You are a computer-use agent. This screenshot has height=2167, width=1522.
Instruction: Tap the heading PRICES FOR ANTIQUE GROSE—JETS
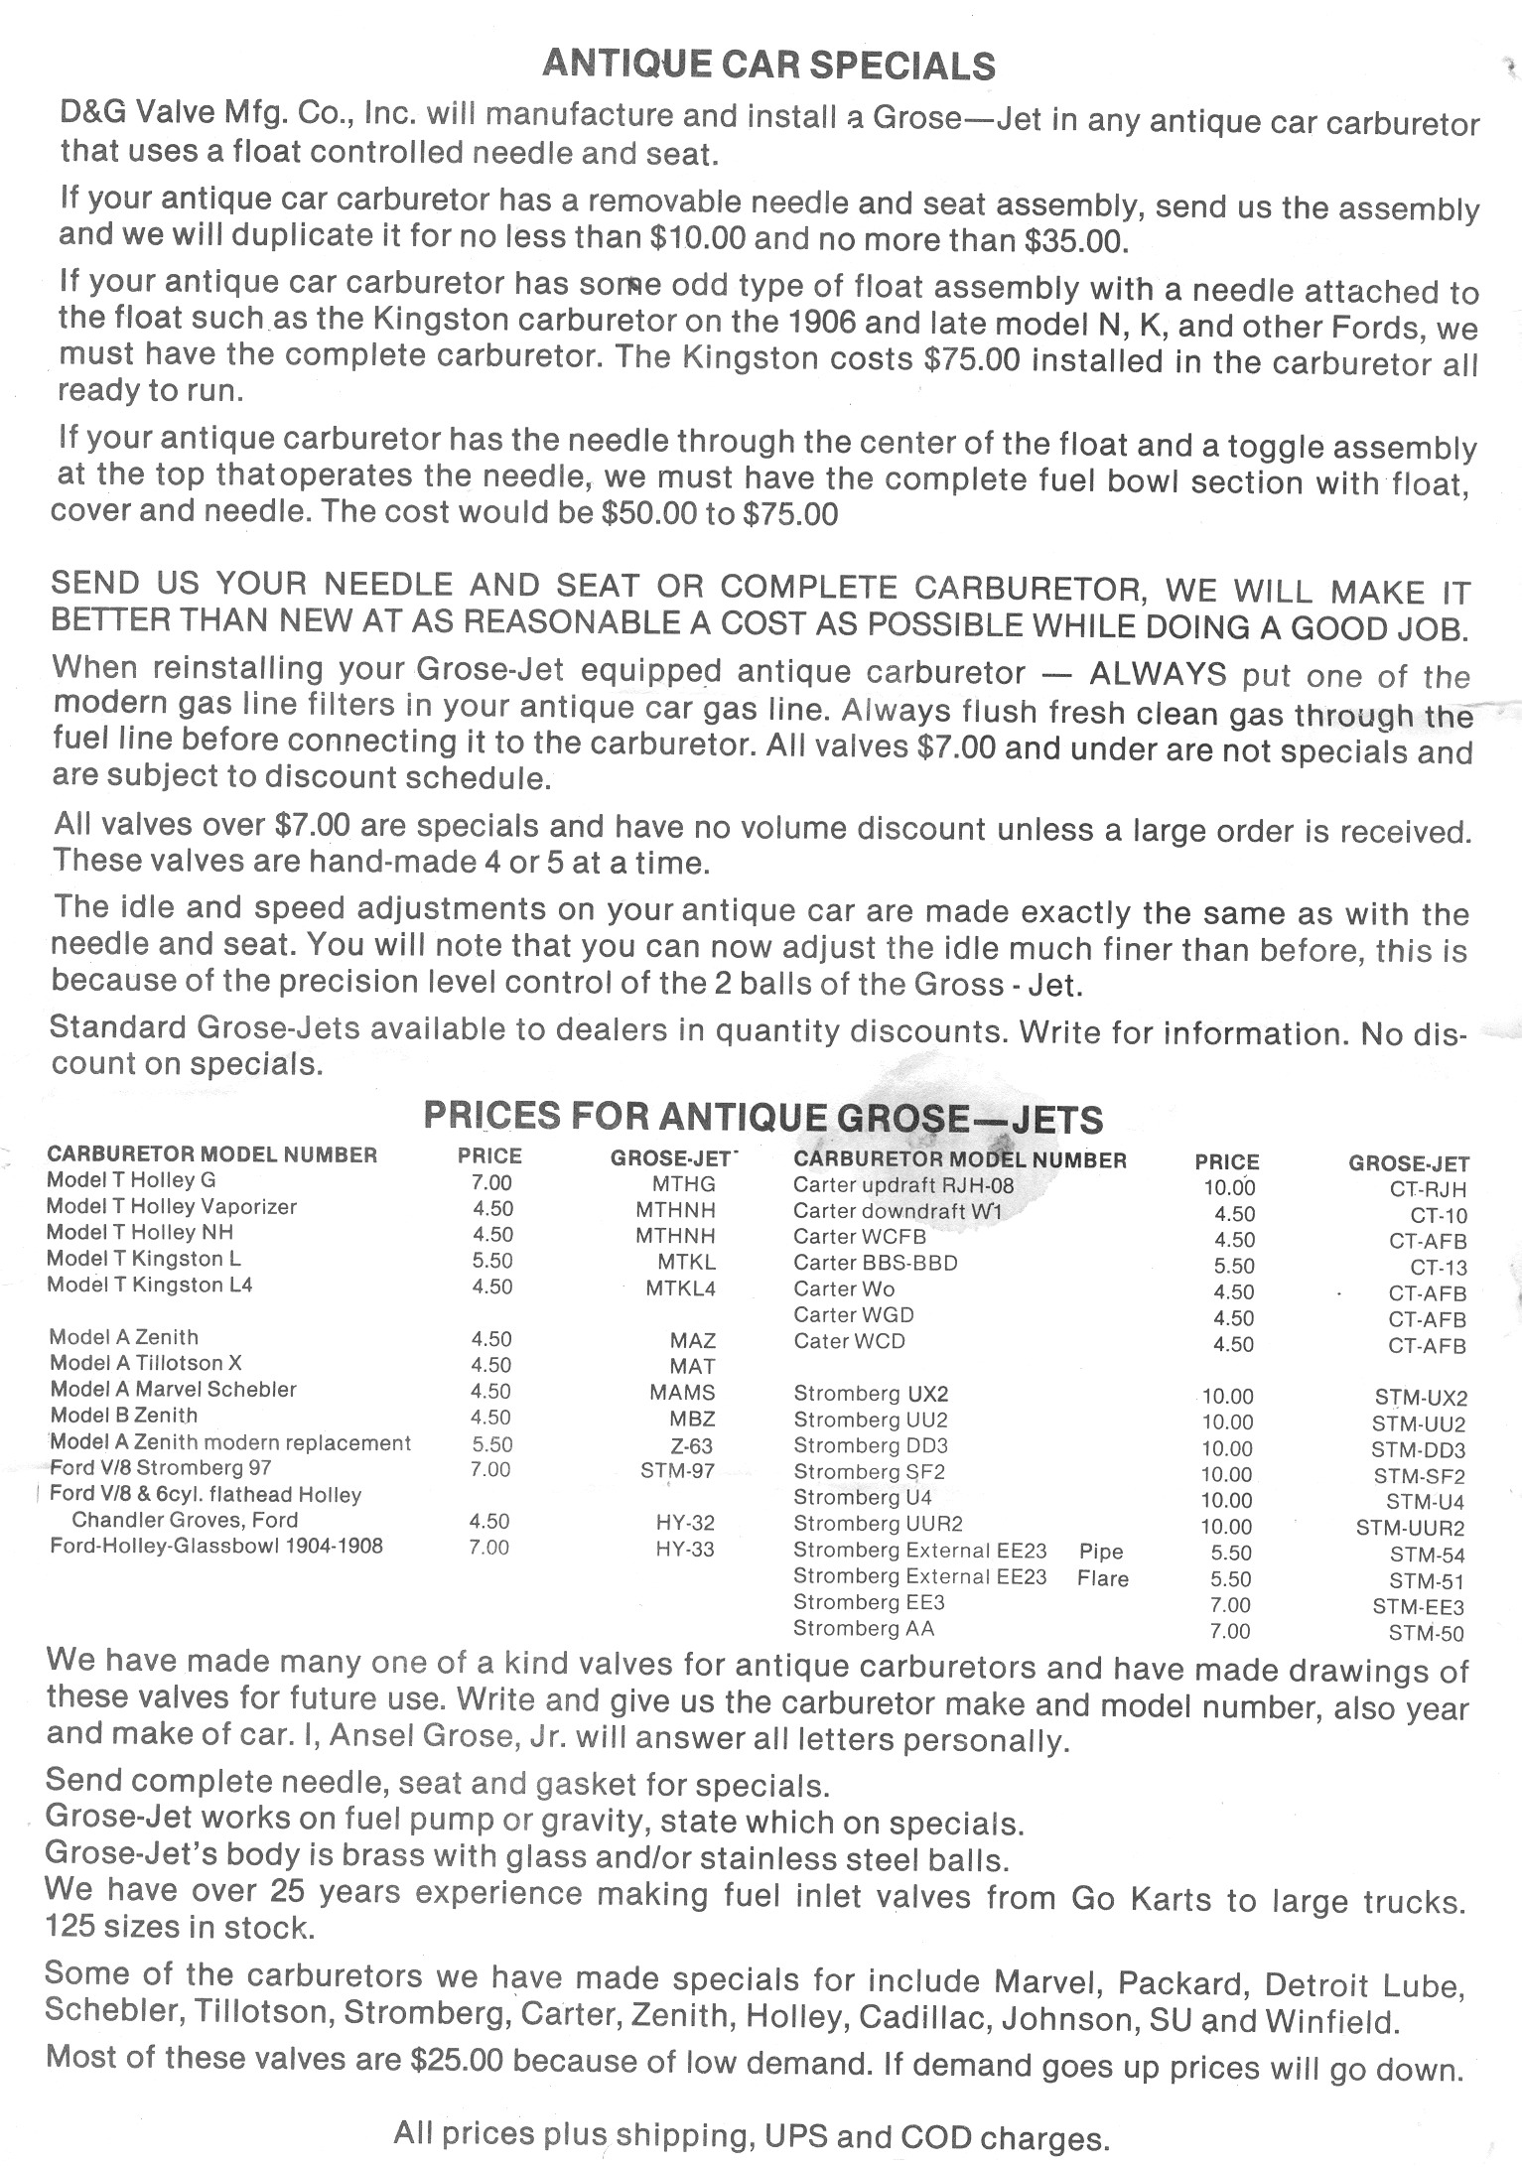click(x=762, y=1118)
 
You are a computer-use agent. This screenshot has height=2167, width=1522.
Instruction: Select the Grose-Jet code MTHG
click(x=683, y=1183)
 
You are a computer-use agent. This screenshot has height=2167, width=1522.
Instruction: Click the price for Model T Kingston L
click(x=491, y=1261)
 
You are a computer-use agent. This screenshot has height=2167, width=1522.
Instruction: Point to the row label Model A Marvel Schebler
click(x=173, y=1390)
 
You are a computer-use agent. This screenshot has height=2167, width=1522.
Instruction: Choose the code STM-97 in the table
click(x=677, y=1470)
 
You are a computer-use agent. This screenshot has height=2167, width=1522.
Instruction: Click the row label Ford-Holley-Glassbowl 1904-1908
click(x=215, y=1546)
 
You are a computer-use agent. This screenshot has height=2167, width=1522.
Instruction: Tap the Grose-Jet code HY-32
click(x=685, y=1522)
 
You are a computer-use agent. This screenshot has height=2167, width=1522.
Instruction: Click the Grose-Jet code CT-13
click(x=1438, y=1268)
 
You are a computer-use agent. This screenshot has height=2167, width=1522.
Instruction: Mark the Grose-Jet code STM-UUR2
click(x=1410, y=1528)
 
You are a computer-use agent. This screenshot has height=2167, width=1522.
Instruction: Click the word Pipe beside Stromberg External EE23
click(x=1100, y=1552)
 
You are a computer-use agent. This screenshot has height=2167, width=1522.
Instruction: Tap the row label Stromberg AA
click(x=863, y=1628)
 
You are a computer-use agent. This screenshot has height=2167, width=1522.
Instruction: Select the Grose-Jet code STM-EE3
click(x=1418, y=1606)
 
